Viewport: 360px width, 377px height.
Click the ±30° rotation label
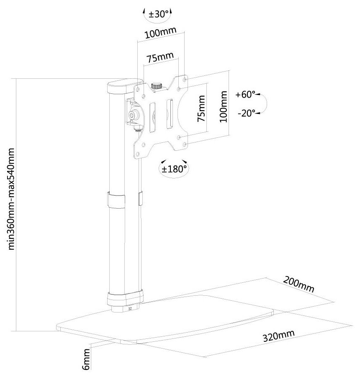pos(158,14)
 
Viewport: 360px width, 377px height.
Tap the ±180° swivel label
pos(174,169)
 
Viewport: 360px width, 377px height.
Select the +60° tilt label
pos(245,95)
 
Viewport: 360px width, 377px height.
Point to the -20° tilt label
pos(246,113)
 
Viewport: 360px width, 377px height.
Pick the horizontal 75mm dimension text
pos(160,57)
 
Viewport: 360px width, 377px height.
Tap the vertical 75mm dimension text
pos(201,108)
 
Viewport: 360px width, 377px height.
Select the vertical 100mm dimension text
pos(223,106)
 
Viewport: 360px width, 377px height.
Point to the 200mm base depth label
pos(298,284)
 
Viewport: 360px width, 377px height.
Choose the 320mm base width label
pos(278,336)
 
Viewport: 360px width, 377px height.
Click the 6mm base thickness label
pos(86,359)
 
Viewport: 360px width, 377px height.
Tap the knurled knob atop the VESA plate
pos(157,86)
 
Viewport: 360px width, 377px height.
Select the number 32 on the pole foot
pos(130,309)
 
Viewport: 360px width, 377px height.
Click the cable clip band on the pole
pos(116,200)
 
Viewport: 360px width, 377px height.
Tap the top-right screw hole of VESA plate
pos(185,79)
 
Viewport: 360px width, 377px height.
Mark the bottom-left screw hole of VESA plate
pos(138,154)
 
